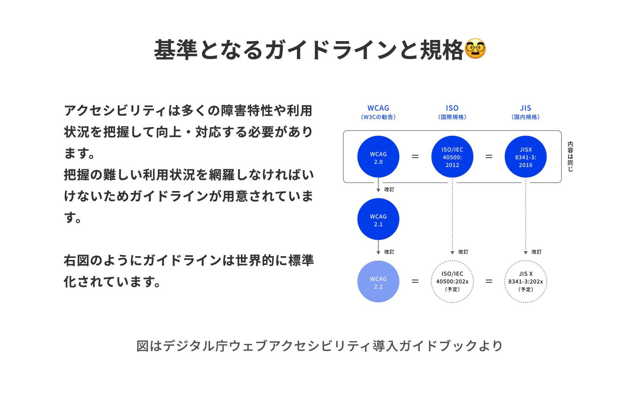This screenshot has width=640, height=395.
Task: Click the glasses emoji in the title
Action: point(475,49)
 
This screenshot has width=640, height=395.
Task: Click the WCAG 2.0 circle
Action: point(378,157)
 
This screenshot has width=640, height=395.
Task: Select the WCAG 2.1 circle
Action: point(378,219)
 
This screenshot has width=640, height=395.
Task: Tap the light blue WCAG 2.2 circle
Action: point(378,282)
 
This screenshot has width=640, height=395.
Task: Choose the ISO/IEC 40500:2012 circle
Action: point(452,157)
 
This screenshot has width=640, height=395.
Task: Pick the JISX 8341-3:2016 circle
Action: point(526,157)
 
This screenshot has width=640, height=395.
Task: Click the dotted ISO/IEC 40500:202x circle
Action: point(452,282)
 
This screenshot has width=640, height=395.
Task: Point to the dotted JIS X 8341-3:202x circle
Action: point(526,282)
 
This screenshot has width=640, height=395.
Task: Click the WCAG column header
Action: point(378,108)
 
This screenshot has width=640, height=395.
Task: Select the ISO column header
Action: point(452,108)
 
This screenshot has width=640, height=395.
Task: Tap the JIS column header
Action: point(526,108)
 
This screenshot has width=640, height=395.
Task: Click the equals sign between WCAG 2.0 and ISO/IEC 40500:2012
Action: point(415,156)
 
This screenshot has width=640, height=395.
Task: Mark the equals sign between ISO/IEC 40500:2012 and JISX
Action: point(489,156)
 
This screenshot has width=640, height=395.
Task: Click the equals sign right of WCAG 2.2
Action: point(415,281)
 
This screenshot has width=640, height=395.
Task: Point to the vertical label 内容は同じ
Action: point(570,156)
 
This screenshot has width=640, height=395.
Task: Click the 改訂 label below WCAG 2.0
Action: point(389,190)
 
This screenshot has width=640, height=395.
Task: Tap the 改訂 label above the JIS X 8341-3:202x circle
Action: point(536,252)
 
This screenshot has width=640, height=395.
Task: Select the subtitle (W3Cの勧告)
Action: point(378,117)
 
